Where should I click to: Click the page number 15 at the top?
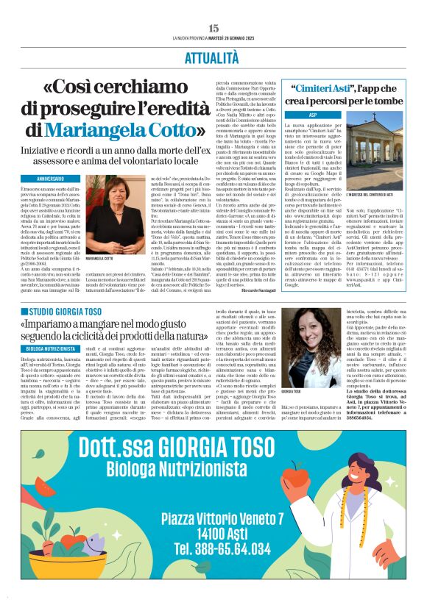click(x=213, y=28)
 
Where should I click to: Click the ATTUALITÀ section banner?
click(x=213, y=56)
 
